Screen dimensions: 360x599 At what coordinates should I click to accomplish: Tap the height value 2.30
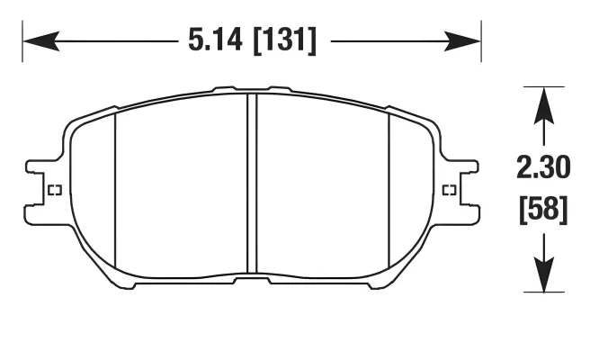(541, 168)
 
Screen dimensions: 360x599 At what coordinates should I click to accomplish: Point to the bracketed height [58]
(541, 210)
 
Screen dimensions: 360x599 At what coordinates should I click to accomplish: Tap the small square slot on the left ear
(52, 190)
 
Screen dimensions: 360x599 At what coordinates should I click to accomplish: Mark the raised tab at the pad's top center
(252, 89)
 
